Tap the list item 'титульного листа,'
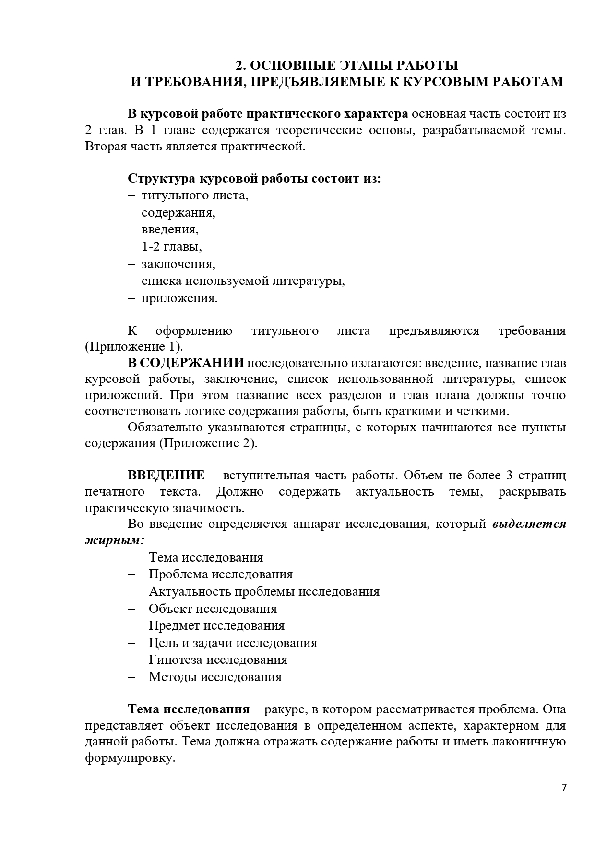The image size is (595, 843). pos(195,195)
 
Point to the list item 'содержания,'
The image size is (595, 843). pos(178,212)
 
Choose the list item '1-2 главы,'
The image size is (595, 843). pos(171,246)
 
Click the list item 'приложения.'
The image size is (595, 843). pos(179,298)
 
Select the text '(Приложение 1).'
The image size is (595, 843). pos(134,347)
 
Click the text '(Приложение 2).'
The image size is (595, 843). pos(208,443)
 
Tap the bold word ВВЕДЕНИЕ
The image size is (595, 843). pos(166,476)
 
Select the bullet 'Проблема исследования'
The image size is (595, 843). pos(221,574)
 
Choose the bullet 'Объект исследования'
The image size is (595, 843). pos(213,609)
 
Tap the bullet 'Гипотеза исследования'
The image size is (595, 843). pos(218,660)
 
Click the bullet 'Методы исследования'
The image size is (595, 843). pos(215,677)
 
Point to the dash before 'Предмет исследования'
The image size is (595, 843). pos(132,626)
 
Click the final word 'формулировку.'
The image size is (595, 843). pos(130,759)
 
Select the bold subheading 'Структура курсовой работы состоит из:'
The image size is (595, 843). pos(254,179)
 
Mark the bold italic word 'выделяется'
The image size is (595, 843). pos(529,524)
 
